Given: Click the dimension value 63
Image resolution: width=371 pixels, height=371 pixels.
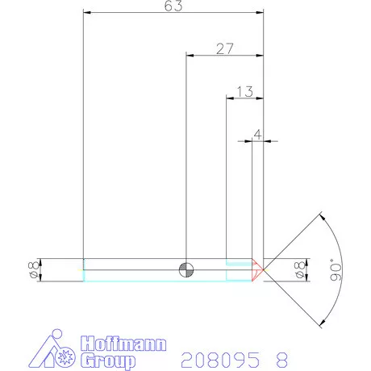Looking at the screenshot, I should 173,6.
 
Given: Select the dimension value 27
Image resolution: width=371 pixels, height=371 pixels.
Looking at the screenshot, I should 225,48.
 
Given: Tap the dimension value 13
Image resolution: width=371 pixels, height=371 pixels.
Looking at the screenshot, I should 245,91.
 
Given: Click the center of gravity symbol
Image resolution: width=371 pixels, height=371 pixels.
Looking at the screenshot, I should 186,269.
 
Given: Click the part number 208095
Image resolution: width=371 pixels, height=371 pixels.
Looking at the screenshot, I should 220,358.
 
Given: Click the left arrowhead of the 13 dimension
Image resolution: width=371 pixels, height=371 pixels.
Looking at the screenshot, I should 229,98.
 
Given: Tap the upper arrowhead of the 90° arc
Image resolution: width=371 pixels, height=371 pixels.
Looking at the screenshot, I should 322,215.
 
